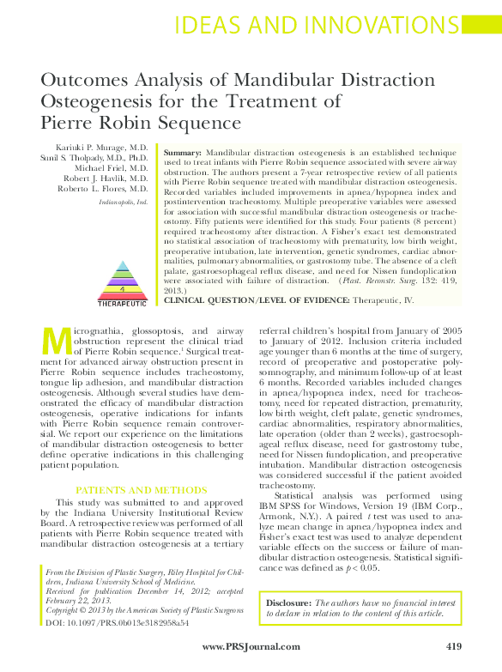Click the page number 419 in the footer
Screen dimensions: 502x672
pyautogui.click(x=455, y=645)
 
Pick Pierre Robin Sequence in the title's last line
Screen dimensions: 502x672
pyautogui.click(x=141, y=124)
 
